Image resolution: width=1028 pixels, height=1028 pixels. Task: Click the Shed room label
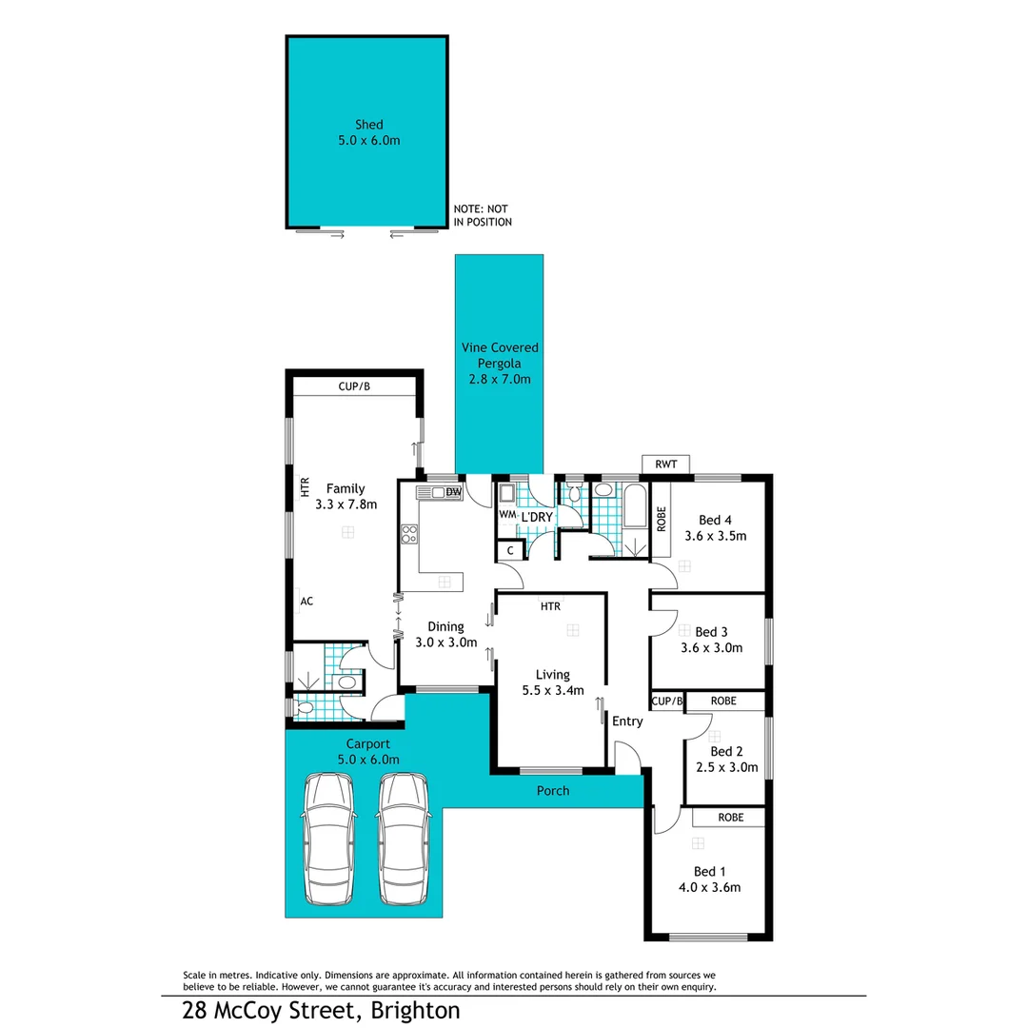368,125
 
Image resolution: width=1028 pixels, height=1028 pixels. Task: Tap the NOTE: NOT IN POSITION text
483,215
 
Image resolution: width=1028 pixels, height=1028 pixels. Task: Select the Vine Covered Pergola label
499,364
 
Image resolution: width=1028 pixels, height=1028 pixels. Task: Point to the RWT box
666,465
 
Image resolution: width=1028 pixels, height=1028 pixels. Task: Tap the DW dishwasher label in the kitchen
453,492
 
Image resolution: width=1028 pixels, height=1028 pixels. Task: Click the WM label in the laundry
506,515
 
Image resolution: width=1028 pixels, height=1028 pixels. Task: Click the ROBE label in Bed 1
730,817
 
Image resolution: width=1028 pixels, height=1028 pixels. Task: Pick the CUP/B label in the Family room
354,386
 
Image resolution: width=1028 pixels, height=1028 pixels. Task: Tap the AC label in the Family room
306,602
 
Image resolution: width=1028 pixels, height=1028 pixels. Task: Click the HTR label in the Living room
550,606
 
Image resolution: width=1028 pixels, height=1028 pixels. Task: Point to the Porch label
553,791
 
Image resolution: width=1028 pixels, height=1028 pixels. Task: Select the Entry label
627,722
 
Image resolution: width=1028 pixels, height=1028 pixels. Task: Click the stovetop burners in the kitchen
409,535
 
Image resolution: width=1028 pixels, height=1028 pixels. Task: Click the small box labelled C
510,550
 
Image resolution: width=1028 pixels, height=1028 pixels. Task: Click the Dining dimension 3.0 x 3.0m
445,642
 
